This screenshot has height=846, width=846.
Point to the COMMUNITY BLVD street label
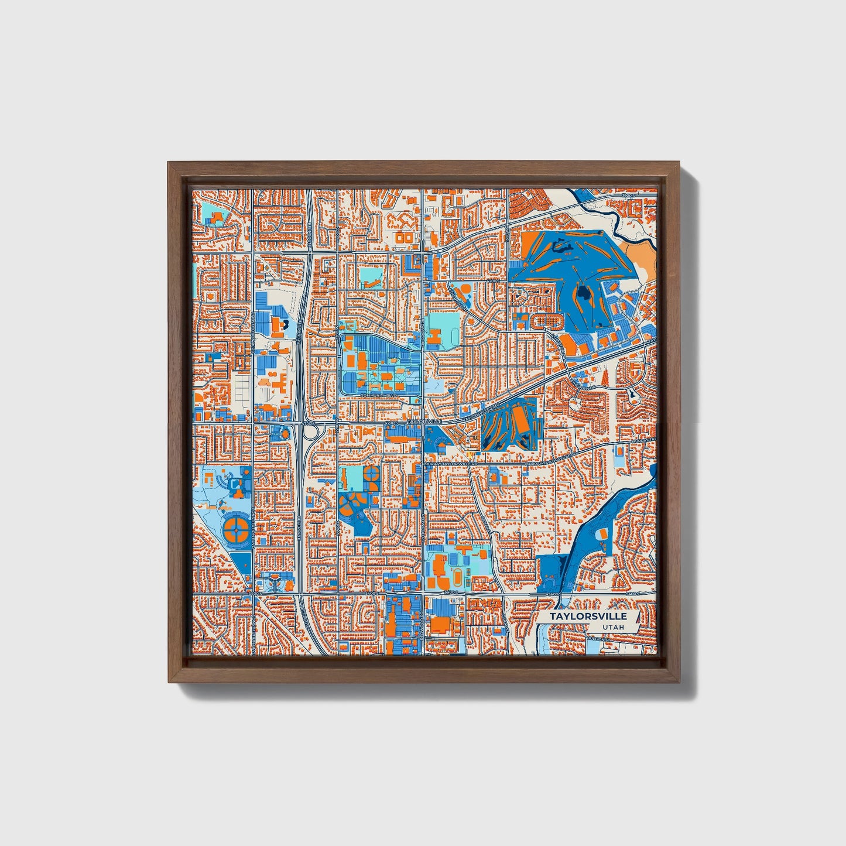[379, 396]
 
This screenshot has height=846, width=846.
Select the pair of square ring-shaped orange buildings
[404, 238]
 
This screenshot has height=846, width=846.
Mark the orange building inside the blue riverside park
[601, 534]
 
